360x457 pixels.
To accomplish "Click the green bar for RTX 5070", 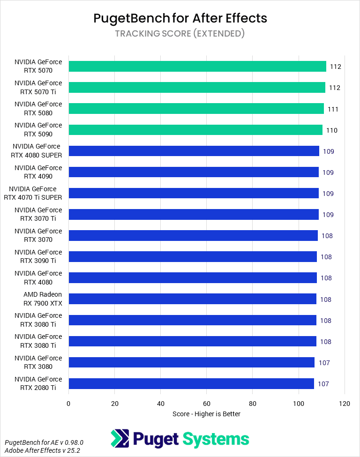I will coord(197,66).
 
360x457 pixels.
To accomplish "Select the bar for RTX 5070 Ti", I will coord(197,87).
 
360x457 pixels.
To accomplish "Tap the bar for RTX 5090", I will coord(195,130).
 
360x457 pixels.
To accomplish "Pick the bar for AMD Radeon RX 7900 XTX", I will coord(193,299).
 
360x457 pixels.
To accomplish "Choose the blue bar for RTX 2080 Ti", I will coord(191,383).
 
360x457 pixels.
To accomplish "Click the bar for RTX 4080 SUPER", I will coord(194,151).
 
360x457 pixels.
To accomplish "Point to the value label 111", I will coord(333,109).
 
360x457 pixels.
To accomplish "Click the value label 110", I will coord(332,130).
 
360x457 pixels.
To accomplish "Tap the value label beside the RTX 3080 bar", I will coord(323,363).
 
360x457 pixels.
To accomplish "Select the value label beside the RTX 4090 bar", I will coord(328,172).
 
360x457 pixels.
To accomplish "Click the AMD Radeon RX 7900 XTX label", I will coord(43,299).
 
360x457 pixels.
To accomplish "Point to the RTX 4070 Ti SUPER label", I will coord(33,193).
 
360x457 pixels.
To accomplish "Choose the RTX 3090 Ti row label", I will coord(38,256).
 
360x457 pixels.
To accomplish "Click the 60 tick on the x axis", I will coord(207,403).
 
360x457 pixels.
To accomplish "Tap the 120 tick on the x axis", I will coord(345,403).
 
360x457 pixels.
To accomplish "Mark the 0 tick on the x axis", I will coord(69,403).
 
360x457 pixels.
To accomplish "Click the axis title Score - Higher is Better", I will coord(206,414).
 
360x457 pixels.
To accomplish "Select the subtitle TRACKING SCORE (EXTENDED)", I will coord(180,34).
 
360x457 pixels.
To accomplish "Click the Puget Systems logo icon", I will coord(120,439).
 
